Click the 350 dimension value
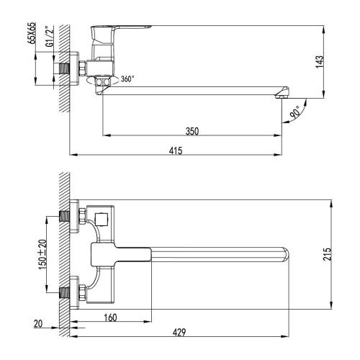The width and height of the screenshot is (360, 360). point(192,130)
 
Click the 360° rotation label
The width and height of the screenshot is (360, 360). point(127,78)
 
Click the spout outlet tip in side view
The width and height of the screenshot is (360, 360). point(282,94)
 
